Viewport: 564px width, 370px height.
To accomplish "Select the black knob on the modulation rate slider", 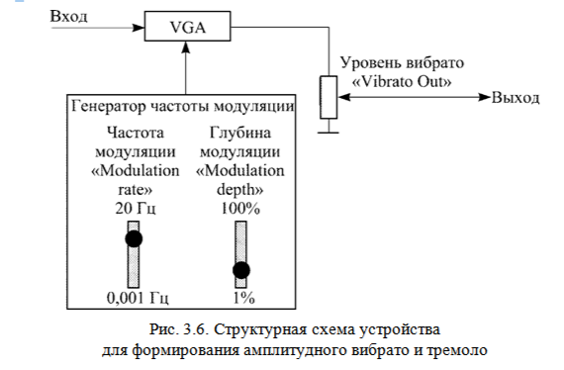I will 134,238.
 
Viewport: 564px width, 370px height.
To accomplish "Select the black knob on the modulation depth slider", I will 240,269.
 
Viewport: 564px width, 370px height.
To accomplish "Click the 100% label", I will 240,210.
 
